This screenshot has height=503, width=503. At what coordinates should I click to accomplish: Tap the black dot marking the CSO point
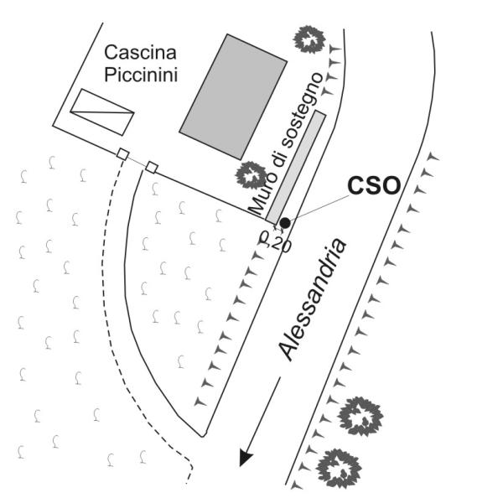point(285,222)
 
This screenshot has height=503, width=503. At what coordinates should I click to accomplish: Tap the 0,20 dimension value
point(276,244)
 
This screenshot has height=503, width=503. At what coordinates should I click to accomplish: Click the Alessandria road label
point(313,299)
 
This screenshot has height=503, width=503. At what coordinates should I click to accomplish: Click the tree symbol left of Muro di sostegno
point(250,175)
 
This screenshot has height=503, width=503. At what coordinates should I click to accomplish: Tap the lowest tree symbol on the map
point(338,467)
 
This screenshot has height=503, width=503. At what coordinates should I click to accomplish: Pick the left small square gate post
point(122,154)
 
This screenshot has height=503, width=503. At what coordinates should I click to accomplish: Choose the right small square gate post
point(152,167)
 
